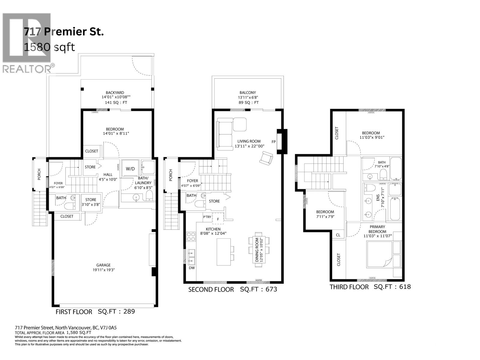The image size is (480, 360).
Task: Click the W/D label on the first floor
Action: coord(130,169)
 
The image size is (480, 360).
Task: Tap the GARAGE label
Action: coord(103,265)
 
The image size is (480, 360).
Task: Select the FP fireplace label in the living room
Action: coord(274,142)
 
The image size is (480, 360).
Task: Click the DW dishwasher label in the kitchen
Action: coord(192,268)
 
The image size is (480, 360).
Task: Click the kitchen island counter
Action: coord(223,252)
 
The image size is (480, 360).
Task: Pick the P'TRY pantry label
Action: coord(207,217)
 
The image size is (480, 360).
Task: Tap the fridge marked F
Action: coord(218,219)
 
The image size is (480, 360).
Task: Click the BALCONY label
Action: coord(247,93)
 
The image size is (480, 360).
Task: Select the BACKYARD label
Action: coord(115,93)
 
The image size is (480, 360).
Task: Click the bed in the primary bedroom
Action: coord(379,256)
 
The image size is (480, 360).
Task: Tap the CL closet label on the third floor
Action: coord(338,235)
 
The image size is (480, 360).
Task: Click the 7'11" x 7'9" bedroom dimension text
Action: coord(325,216)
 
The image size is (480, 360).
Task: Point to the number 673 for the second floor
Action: coord(271,289)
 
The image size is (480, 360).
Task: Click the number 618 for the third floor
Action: coord(404,286)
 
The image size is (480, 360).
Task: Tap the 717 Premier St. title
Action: coord(64,32)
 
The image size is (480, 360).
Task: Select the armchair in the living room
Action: coord(266,158)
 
